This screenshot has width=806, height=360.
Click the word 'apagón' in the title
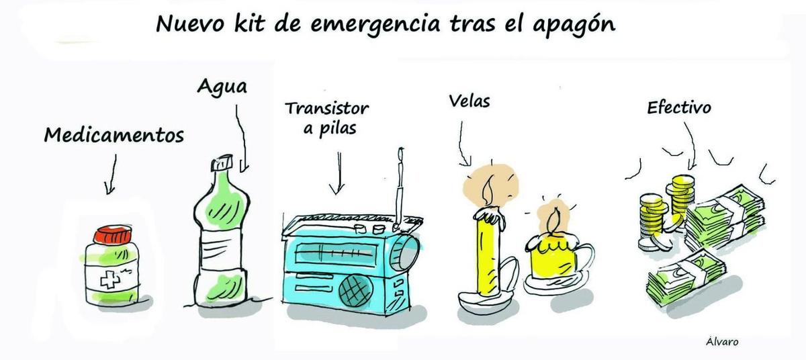pyautogui.click(x=574, y=24)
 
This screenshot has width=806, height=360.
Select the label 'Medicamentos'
pyautogui.click(x=114, y=136)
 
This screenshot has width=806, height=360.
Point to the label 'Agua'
pyautogui.click(x=222, y=87)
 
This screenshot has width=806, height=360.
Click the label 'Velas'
pyautogui.click(x=469, y=101)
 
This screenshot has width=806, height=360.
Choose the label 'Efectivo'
pyautogui.click(x=679, y=107)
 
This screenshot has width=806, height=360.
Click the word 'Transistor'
pyautogui.click(x=326, y=109)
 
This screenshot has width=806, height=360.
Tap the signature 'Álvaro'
pyautogui.click(x=722, y=341)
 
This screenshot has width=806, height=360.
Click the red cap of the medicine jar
pyautogui.click(x=113, y=235)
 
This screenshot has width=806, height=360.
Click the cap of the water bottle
pyautogui.click(x=222, y=163)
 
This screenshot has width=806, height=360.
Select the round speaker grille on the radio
pyautogui.click(x=355, y=291)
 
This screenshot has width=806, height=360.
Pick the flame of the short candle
pyautogui.click(x=554, y=220)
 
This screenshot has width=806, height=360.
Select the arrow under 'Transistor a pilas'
pyautogui.click(x=337, y=173)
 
